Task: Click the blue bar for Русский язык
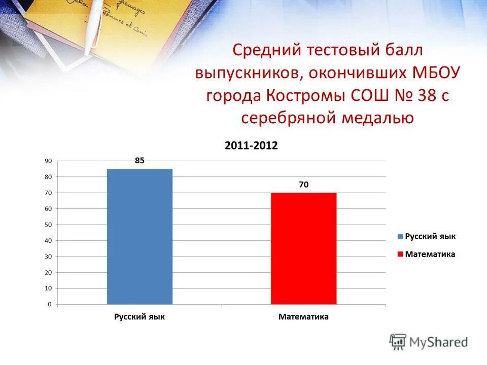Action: (x=140, y=236)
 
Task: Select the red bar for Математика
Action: (x=303, y=248)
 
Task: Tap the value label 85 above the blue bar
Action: (x=140, y=160)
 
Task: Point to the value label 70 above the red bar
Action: (x=303, y=185)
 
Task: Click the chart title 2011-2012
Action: (x=251, y=145)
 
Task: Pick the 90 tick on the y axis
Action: (x=48, y=161)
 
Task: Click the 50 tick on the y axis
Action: (x=48, y=225)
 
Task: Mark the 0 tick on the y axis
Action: (x=50, y=304)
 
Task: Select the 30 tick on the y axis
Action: (x=48, y=257)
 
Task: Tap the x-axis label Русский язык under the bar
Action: (x=140, y=317)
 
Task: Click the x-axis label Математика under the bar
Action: (x=303, y=317)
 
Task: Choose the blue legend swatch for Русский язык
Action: (x=400, y=237)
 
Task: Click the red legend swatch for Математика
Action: (x=400, y=254)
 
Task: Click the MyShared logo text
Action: (x=439, y=342)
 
